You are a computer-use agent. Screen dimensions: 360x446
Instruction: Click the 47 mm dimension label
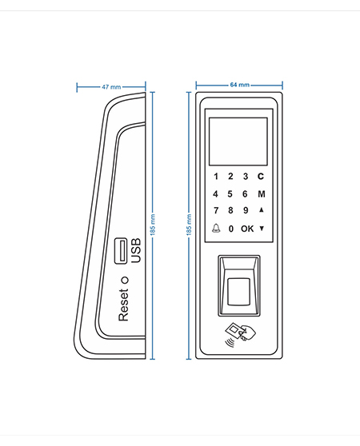click(x=111, y=87)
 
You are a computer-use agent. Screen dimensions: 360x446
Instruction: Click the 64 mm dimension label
click(x=240, y=85)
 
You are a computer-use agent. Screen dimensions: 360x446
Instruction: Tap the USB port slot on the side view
click(x=121, y=251)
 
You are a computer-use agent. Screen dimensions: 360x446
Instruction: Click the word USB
click(x=136, y=251)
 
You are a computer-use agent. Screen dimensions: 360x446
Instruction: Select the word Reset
click(x=123, y=305)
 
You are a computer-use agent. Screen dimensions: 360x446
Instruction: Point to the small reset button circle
click(x=125, y=281)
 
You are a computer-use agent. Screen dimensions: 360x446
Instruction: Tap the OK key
click(x=247, y=229)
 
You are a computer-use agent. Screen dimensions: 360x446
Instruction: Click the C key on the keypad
click(x=261, y=177)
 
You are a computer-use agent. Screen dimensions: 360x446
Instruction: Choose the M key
click(x=262, y=194)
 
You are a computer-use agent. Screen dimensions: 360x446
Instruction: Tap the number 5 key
click(x=230, y=194)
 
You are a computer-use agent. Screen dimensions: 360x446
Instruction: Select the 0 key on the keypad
click(x=231, y=229)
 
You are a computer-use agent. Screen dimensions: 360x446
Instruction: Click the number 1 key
click(x=216, y=177)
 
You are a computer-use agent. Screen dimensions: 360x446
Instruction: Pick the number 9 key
click(x=246, y=210)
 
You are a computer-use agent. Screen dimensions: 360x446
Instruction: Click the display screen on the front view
click(x=238, y=141)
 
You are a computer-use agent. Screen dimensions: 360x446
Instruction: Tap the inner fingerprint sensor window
click(x=238, y=292)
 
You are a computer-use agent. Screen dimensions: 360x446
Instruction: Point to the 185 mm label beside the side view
click(x=153, y=225)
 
